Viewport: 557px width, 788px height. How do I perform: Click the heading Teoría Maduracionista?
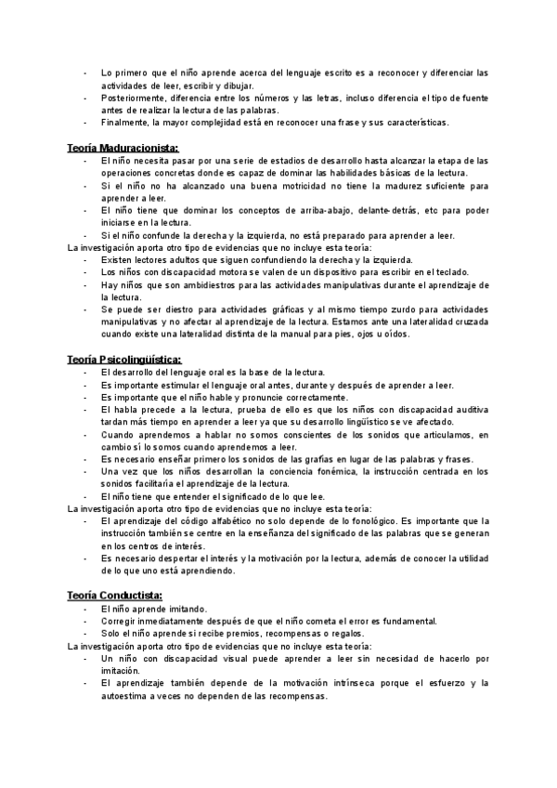pos(123,148)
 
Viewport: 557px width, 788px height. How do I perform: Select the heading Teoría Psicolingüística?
pos(124,359)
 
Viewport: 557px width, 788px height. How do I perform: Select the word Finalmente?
pos(125,122)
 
